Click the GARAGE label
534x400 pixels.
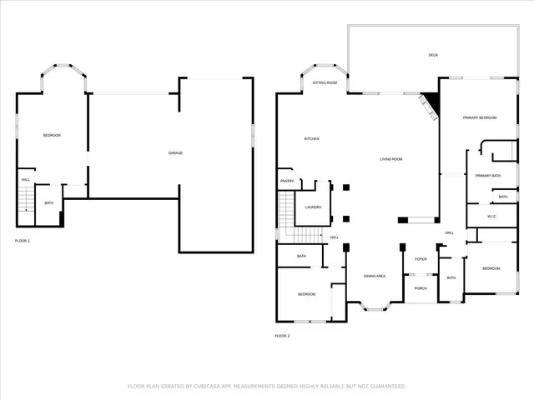pos(175,152)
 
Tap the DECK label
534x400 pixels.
pos(433,55)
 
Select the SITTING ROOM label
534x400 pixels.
pos(325,83)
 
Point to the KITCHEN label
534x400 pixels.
pos(312,138)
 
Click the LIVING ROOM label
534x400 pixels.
pos(391,158)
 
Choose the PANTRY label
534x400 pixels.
pos(286,180)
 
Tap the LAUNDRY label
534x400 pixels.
pos(313,207)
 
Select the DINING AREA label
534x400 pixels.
pos(374,276)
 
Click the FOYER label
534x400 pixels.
pos(421,259)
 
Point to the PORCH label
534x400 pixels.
pos(421,288)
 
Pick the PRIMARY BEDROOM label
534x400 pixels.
pos(480,117)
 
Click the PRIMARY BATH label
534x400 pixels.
pos(487,176)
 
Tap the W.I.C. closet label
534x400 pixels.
pos(491,217)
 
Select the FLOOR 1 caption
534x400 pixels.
pos(23,241)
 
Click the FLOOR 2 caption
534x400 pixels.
pos(282,336)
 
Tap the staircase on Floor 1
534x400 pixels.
pos(27,199)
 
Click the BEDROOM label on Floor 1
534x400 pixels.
pos(52,135)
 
